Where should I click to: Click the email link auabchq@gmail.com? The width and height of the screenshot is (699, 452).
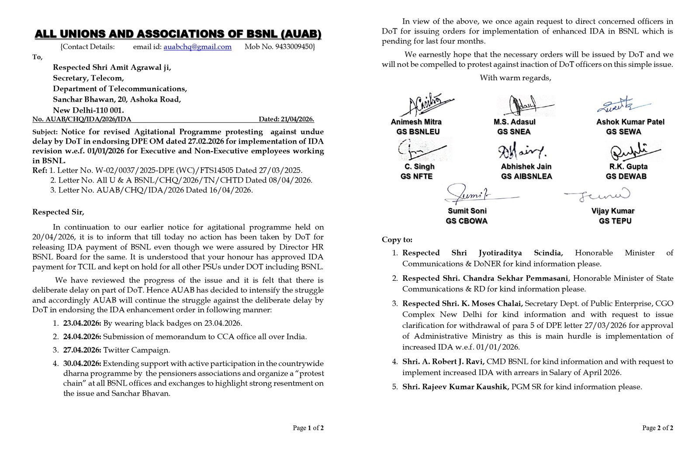197,47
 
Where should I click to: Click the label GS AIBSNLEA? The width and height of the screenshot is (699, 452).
526,176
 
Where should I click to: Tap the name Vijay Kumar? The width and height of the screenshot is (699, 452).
612,211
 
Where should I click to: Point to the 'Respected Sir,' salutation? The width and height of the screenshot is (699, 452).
58,212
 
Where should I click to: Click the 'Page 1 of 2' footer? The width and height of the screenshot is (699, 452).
308,428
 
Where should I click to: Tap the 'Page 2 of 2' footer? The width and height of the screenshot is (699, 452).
657,428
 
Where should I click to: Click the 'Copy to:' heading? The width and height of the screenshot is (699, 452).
397,240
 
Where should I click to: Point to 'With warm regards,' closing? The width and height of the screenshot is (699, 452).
516,78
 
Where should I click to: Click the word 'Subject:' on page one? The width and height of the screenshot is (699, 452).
45,132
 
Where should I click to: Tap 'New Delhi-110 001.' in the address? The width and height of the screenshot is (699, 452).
88,110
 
